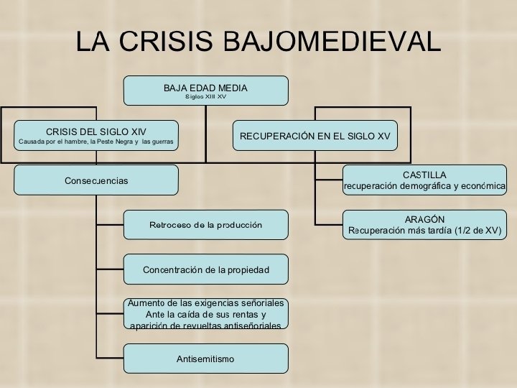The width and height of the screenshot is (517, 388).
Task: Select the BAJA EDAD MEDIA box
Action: (205, 91)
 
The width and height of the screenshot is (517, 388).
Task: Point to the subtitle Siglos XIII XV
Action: (205, 96)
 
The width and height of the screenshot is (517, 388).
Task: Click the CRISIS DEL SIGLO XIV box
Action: (96, 135)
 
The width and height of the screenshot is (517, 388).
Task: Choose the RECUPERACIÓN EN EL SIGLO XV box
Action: (315, 135)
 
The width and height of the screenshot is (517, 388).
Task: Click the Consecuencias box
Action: (96, 180)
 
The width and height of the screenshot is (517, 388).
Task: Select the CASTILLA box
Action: (424, 180)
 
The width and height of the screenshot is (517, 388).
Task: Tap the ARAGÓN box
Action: (424, 225)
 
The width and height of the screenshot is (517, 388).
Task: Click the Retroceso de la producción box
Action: (205, 225)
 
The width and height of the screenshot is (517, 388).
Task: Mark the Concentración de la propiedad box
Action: (205, 269)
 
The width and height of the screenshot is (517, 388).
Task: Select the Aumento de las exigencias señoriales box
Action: (205, 314)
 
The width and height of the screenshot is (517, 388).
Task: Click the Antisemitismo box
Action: (205, 359)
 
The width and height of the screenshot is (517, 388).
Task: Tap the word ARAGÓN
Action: (424, 219)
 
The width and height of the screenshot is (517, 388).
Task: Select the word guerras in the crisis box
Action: (162, 142)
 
